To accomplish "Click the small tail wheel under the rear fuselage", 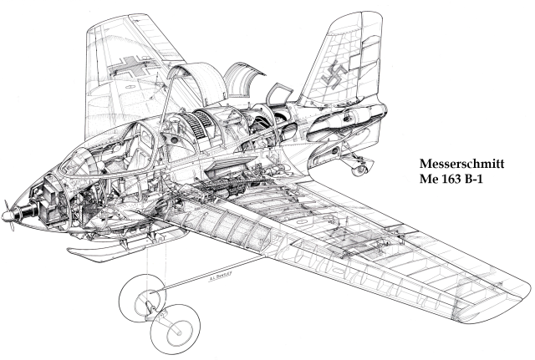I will click(x=360, y=170).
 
